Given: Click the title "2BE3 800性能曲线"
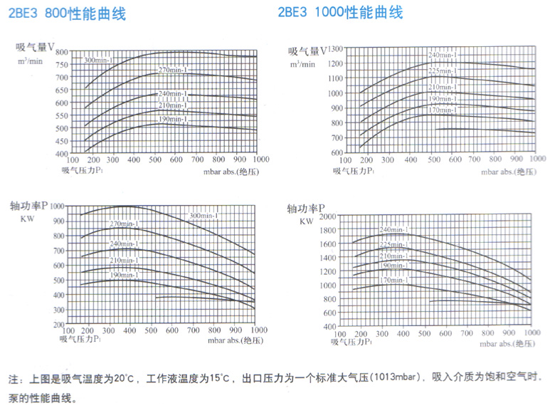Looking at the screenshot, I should tap(68, 14).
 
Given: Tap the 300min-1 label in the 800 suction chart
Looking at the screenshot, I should tap(99, 60).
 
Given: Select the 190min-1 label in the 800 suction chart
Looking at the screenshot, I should tap(172, 119).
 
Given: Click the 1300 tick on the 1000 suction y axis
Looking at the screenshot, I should tap(334, 48).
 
